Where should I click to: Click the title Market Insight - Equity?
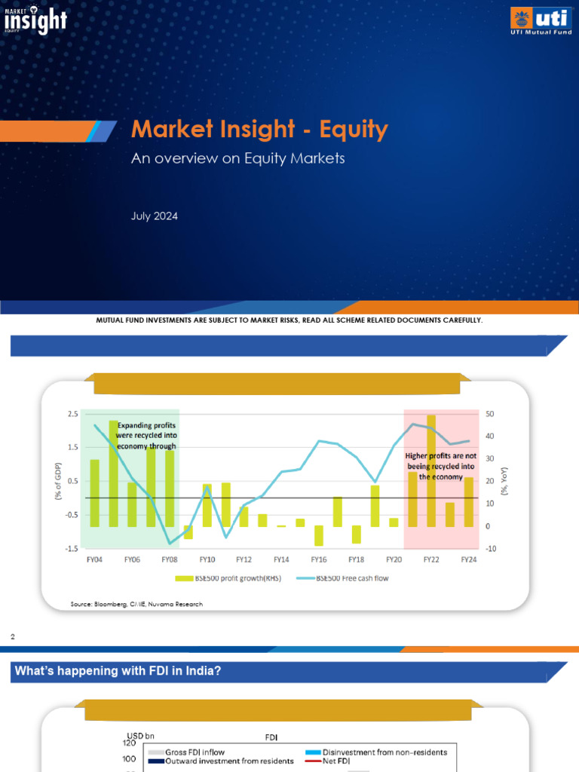click(259, 130)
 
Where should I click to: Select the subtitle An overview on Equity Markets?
click(238, 158)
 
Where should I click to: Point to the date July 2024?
click(155, 216)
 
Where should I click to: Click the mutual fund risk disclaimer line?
click(289, 320)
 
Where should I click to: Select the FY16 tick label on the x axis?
click(318, 559)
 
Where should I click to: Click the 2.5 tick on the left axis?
click(72, 415)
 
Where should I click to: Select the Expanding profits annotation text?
click(146, 436)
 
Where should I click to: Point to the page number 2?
click(13, 638)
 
